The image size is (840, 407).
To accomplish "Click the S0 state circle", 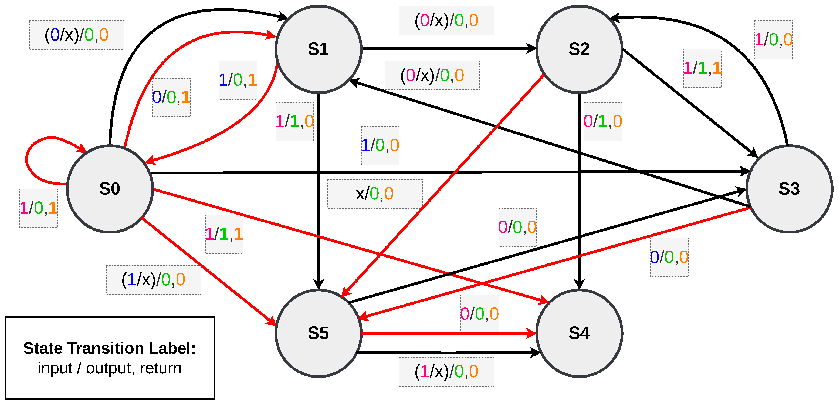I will pos(110,189).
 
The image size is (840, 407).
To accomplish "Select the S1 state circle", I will pos(318,49).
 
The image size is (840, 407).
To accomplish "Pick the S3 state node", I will pos(789,189).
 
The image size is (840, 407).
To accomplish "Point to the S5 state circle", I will pos(318,333).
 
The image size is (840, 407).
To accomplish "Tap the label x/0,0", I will pos(375,194).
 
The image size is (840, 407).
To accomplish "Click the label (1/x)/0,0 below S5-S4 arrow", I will pos(446,371).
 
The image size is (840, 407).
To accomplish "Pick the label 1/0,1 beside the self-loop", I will pos(39,208).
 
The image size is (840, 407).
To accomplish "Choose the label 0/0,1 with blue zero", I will pos(171,97).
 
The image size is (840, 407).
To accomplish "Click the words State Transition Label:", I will pos(110,348).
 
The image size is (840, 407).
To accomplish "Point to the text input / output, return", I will pos(110,368).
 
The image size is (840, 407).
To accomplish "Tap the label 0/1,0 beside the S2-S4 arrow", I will pos(603,121).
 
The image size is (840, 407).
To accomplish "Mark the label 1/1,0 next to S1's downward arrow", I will pos(294,121).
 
